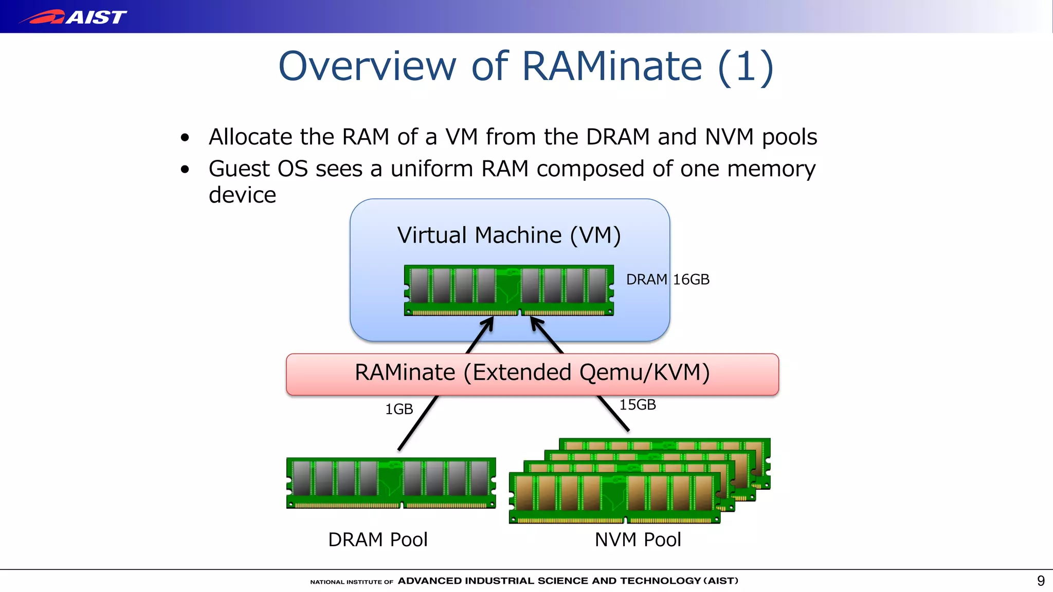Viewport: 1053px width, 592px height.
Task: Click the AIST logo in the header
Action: click(73, 17)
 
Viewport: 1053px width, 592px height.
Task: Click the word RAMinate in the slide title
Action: click(612, 66)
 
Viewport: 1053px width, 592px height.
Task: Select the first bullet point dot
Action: click(185, 138)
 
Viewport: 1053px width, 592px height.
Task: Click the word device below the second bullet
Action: click(242, 195)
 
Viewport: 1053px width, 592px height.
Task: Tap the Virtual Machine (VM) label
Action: click(509, 235)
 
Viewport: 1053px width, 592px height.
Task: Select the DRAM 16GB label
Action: click(667, 280)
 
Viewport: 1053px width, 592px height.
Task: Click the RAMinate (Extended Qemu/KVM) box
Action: click(532, 374)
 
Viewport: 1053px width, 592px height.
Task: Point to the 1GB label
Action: click(399, 410)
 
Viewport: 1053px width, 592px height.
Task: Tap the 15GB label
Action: click(637, 405)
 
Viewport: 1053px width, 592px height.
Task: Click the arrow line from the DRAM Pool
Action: click(417, 423)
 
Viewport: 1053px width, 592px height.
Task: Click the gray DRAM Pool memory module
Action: click(391, 483)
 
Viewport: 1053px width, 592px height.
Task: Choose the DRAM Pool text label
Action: click(377, 540)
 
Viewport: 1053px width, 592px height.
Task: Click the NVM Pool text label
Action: click(638, 540)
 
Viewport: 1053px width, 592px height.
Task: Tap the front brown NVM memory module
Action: click(614, 497)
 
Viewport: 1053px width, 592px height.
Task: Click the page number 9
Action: click(1041, 581)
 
